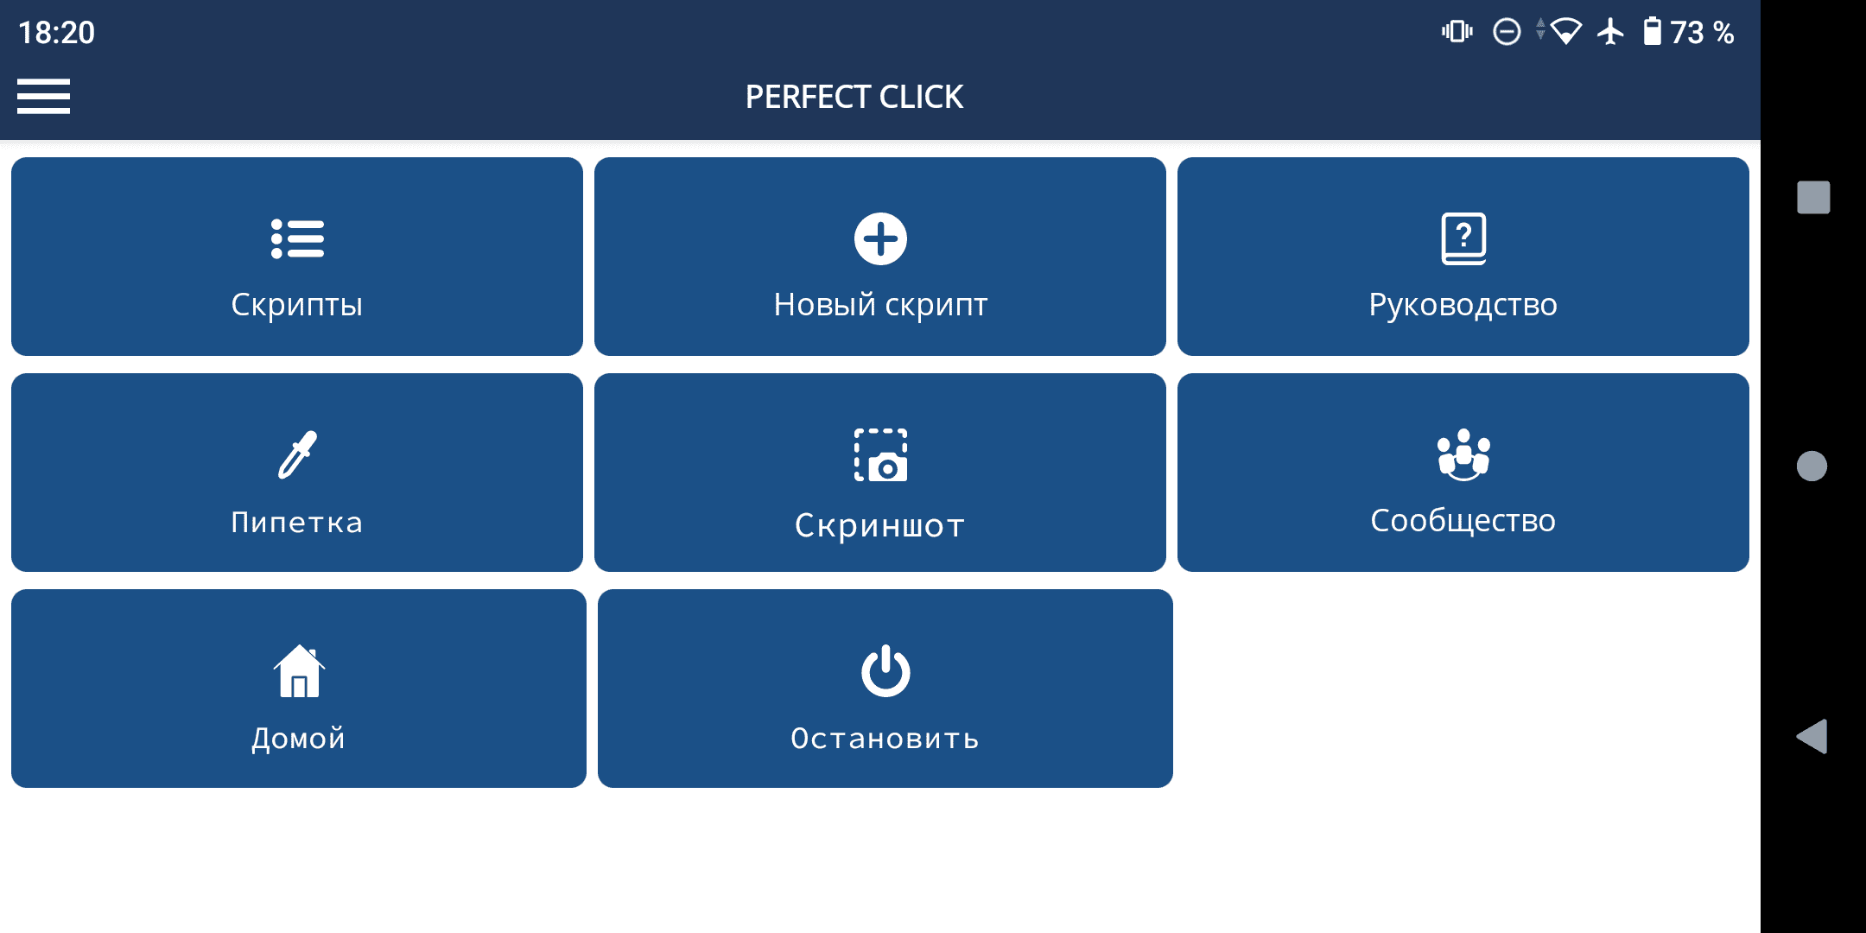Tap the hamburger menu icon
(x=43, y=96)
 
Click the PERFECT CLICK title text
(x=854, y=97)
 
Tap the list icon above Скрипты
(x=297, y=238)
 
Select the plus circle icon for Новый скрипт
(x=880, y=238)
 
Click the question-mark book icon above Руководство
(x=1463, y=238)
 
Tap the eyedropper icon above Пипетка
(x=297, y=454)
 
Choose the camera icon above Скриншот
(x=880, y=455)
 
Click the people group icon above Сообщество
(x=1463, y=454)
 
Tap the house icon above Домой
(x=299, y=671)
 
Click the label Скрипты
(x=297, y=305)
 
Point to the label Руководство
(x=1463, y=305)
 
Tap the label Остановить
(x=885, y=739)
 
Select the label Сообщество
(x=1463, y=521)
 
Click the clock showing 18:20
(x=56, y=33)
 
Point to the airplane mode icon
(x=1610, y=32)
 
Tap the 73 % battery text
(x=1702, y=33)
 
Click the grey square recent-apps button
(x=1813, y=197)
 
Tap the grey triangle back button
(x=1812, y=736)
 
